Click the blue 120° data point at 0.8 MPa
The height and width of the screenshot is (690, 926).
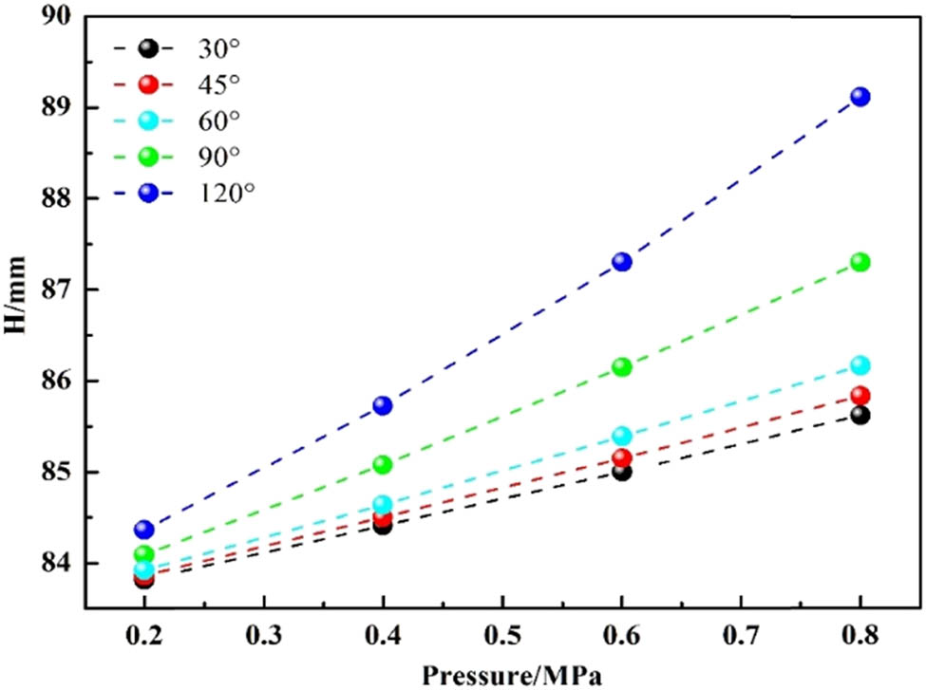click(860, 96)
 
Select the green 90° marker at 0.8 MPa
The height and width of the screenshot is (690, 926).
click(860, 262)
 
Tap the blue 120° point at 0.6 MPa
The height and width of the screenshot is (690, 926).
click(622, 261)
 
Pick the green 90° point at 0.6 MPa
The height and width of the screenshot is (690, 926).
click(622, 366)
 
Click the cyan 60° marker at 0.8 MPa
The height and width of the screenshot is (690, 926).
click(860, 365)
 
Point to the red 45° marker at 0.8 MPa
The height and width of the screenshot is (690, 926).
click(860, 396)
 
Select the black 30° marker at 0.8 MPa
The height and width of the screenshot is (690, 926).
click(860, 415)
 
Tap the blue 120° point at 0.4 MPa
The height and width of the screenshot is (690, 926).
click(383, 405)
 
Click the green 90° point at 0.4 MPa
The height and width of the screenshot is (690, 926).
click(383, 464)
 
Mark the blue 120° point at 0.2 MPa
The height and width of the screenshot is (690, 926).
click(144, 530)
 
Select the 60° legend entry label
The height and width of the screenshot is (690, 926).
click(216, 121)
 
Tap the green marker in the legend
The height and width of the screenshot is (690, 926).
click(147, 156)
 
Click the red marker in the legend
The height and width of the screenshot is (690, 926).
click(147, 84)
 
